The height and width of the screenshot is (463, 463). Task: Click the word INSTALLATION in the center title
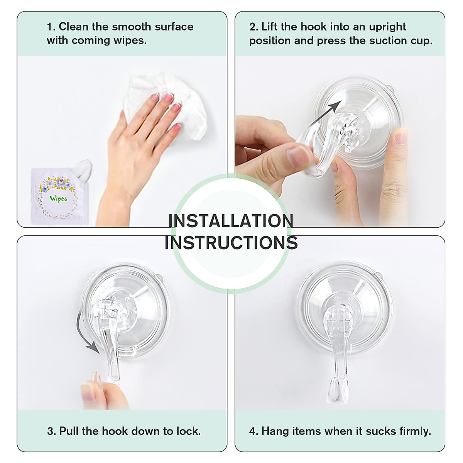[231, 221]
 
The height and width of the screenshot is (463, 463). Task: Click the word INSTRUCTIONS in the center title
[231, 243]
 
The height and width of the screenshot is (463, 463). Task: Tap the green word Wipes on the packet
[58, 199]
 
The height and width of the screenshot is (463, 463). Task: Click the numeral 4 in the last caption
[253, 431]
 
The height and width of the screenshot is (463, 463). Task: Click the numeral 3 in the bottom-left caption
[51, 431]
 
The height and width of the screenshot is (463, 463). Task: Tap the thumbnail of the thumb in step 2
[299, 156]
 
